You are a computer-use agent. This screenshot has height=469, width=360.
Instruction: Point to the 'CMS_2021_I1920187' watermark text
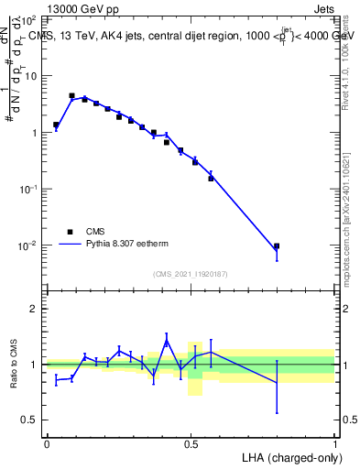click(190, 273)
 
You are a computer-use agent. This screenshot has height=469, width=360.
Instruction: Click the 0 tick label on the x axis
click(47, 442)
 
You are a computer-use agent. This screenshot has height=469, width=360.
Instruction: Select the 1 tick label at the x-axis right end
click(334, 442)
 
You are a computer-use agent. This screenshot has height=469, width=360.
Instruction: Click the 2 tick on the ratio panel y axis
click(35, 309)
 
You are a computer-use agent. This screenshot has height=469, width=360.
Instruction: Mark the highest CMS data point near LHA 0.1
click(71, 95)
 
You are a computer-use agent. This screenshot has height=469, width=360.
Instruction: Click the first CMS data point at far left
click(56, 125)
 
